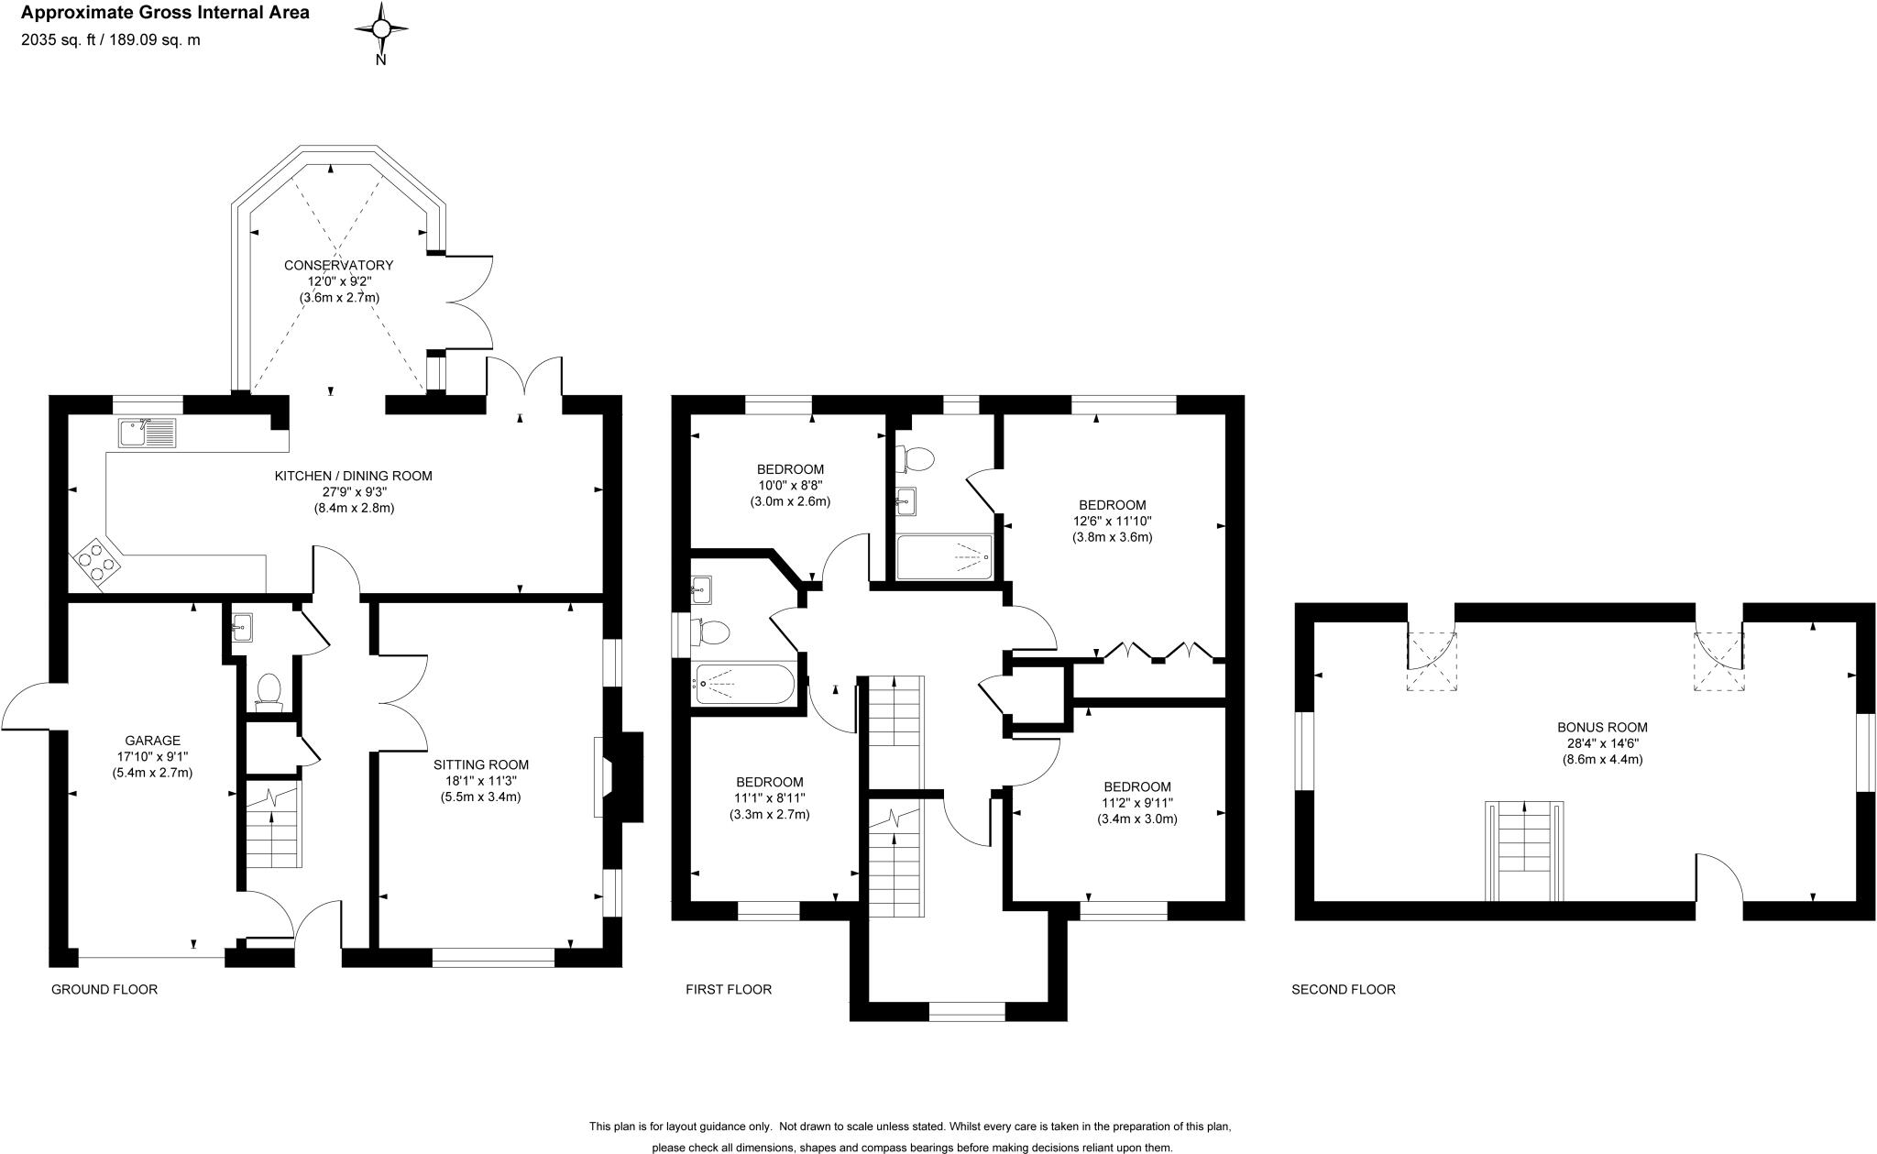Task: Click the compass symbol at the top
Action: click(x=381, y=30)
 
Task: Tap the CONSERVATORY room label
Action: click(x=338, y=266)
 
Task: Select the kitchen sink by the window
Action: click(x=147, y=433)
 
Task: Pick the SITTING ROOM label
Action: click(x=481, y=764)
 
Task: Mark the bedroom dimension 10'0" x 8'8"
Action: click(x=790, y=486)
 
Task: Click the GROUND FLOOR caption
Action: click(x=104, y=990)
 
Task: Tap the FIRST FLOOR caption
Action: click(x=729, y=990)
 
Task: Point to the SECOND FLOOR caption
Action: click(x=1343, y=990)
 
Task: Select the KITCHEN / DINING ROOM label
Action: click(x=353, y=476)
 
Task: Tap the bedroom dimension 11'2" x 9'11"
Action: click(x=1136, y=803)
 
